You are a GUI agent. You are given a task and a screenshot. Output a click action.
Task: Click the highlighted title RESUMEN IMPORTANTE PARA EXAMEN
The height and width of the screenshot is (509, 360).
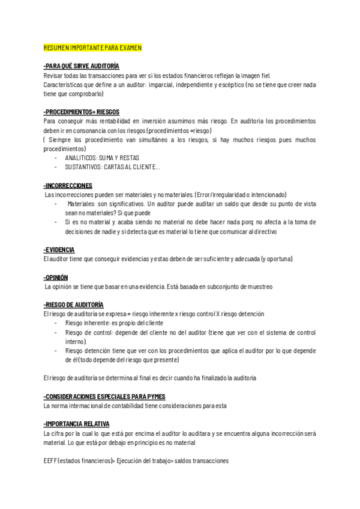[92, 47]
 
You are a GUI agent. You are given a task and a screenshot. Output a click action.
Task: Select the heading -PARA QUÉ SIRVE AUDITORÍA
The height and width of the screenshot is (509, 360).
[82, 66]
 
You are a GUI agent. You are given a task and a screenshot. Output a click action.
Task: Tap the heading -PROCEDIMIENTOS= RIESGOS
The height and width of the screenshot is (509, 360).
[82, 112]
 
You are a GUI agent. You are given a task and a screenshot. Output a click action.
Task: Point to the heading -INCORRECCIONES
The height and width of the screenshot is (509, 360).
[68, 185]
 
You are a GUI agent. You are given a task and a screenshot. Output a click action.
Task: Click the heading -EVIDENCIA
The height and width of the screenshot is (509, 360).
[59, 249]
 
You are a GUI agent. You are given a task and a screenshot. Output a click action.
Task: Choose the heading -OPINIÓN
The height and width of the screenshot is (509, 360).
[56, 277]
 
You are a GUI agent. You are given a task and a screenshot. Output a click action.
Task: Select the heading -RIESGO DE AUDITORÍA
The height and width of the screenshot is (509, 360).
[74, 305]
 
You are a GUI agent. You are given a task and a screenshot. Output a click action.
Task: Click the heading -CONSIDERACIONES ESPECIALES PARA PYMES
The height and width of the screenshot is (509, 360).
[104, 397]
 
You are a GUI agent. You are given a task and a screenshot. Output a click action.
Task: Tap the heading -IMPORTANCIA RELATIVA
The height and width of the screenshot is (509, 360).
[77, 424]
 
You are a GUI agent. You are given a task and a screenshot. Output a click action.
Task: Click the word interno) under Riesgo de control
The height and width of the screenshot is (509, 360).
[75, 342]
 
